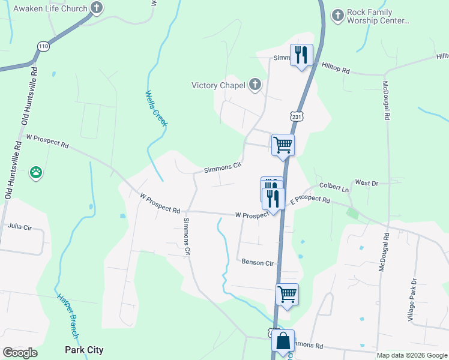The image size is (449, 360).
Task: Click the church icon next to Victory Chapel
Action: pos(255,85)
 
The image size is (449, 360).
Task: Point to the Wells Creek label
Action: pos(157,108)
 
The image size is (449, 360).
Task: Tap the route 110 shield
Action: pos(43,46)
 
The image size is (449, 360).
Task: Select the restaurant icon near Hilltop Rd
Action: pos(301,55)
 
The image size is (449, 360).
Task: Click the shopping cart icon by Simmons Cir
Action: pos(283,145)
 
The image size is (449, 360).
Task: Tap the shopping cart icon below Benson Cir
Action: pos(288,295)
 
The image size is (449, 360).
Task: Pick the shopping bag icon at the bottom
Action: pos(283,341)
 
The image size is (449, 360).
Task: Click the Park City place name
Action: pos(84,350)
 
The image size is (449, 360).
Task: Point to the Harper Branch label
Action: pos(67,316)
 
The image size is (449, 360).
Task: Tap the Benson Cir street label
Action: pos(258,263)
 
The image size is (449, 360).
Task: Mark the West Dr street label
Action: pos(366,182)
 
